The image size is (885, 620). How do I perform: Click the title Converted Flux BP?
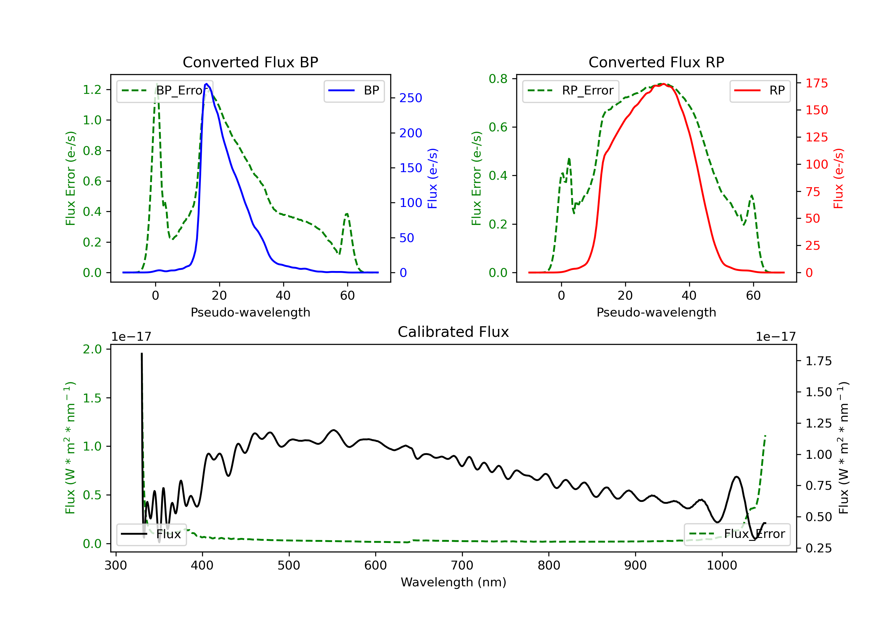(x=250, y=62)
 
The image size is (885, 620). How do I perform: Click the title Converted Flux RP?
(x=656, y=62)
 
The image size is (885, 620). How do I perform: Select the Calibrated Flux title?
(x=453, y=332)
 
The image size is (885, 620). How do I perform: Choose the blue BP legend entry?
(x=354, y=91)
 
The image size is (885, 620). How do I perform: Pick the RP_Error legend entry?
(x=571, y=91)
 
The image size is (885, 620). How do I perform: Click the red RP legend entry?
(x=760, y=91)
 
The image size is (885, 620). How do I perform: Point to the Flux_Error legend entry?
(x=737, y=534)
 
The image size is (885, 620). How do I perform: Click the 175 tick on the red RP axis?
(x=816, y=83)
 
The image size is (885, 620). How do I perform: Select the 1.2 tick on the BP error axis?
(x=92, y=89)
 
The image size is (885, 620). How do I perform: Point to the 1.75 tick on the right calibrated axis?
(x=819, y=361)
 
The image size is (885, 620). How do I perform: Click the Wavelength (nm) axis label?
(x=453, y=582)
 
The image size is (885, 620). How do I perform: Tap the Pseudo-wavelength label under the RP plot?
(x=656, y=312)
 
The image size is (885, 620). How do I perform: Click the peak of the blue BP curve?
(x=206, y=84)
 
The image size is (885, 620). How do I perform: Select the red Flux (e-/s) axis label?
(x=838, y=179)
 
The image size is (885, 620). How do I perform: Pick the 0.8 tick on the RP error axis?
(x=498, y=79)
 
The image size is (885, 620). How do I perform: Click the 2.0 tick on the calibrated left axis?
(x=92, y=349)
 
